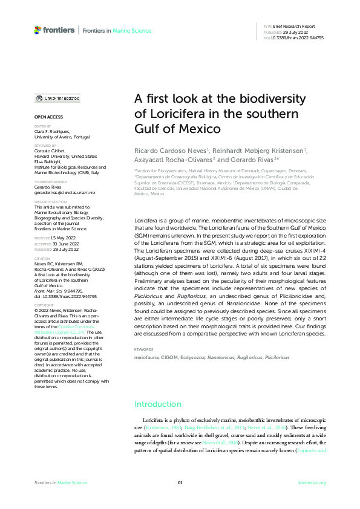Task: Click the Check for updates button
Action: click(57, 98)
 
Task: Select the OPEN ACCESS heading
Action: click(48, 116)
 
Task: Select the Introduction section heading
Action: click(157, 404)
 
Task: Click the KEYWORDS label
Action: click(144, 349)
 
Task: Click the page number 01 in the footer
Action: click(180, 482)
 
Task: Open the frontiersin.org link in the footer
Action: click(312, 482)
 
